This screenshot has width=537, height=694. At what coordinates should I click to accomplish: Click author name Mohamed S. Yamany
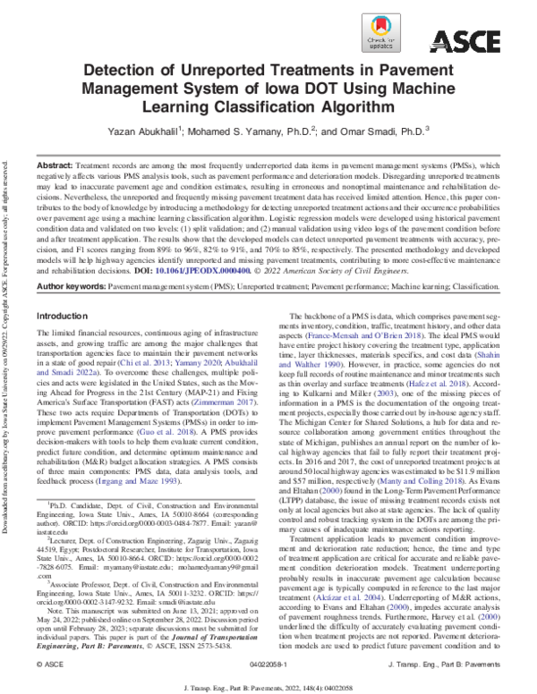255,131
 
